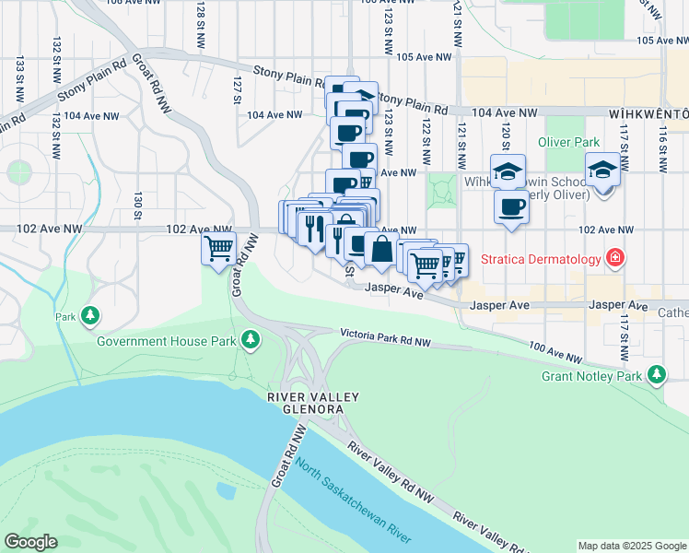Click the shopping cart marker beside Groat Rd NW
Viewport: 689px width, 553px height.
click(219, 248)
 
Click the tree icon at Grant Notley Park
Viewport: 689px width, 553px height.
click(656, 374)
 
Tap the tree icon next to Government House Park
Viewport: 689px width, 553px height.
click(250, 341)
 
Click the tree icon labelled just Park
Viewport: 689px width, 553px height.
click(89, 316)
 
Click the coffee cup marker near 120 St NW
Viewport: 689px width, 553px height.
click(511, 207)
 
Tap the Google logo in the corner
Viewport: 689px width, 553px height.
click(30, 541)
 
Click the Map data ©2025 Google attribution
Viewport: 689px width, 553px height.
click(631, 546)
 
